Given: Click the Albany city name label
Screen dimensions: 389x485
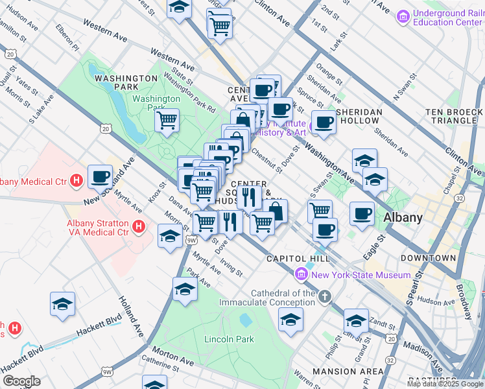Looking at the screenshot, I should pos(403,217).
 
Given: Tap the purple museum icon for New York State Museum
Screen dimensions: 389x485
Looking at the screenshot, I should pos(300,275).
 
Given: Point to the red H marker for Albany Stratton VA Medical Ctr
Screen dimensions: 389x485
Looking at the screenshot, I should pos(137,226).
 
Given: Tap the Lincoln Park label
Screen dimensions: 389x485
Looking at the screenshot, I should pos(229,339).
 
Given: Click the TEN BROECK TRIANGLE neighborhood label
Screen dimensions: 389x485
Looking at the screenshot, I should pos(454,116).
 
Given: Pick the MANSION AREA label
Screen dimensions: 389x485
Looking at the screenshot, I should pos(348,371).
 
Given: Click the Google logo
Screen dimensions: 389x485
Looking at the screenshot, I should pos(21,381).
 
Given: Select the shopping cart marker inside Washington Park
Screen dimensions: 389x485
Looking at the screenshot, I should pos(167,119).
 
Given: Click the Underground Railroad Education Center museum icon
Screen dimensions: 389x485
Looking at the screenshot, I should pos(403,14).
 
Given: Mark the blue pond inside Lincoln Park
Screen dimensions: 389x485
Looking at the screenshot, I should pos(245,320).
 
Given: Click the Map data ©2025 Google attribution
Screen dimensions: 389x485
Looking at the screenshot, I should pos(445,384).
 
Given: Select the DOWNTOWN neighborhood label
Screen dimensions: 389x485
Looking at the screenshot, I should pos(427,258).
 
